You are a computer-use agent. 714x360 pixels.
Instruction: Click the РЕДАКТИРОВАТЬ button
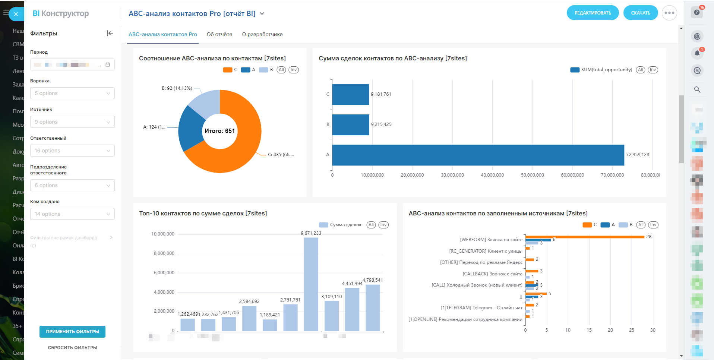(593, 13)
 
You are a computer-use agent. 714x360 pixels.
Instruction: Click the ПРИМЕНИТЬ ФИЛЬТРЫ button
(72, 331)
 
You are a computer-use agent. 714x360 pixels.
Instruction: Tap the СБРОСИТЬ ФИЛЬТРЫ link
(72, 347)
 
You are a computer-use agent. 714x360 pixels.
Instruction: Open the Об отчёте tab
(219, 34)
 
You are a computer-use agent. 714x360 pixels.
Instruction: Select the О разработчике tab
(262, 34)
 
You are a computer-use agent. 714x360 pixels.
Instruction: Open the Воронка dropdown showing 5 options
(72, 93)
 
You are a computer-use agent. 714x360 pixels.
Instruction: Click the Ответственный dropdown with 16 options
(72, 151)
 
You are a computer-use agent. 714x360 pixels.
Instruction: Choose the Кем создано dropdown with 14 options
(72, 214)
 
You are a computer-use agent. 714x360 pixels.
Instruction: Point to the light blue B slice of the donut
(205, 102)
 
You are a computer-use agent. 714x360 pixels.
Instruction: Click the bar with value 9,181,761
(350, 95)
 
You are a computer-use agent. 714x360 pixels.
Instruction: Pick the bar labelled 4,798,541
(373, 307)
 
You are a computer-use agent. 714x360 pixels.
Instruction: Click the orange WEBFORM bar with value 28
(585, 237)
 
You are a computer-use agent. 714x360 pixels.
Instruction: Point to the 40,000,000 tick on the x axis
(492, 175)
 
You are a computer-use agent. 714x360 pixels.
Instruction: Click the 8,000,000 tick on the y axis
(164, 253)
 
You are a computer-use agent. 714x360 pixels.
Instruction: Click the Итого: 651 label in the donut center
(219, 131)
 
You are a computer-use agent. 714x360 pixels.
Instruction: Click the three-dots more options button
(669, 13)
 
